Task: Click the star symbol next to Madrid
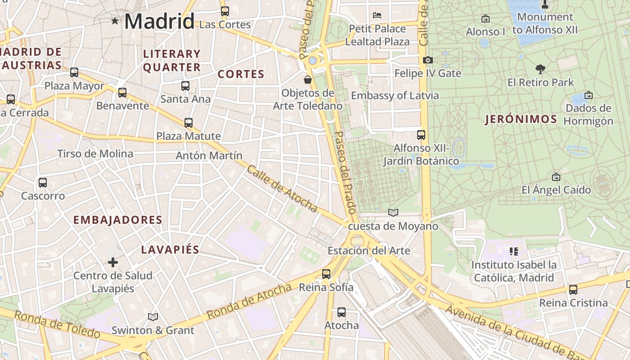click(115, 21)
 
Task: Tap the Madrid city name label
click(159, 21)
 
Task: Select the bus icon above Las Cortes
click(225, 11)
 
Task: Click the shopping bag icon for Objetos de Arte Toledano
click(308, 80)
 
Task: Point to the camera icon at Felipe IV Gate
click(428, 60)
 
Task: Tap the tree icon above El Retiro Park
click(540, 69)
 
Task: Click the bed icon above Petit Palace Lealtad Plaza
click(377, 15)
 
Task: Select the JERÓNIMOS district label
click(521, 119)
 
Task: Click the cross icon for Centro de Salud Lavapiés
click(113, 262)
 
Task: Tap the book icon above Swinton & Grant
click(153, 317)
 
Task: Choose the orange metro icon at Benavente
click(122, 93)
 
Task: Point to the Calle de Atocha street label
click(282, 189)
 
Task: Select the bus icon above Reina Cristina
click(573, 289)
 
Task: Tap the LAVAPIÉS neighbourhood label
click(170, 250)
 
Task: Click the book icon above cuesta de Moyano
click(393, 212)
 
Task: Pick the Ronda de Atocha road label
click(250, 301)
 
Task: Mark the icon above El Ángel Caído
click(556, 177)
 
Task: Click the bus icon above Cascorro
click(43, 183)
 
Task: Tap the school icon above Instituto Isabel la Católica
click(514, 252)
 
